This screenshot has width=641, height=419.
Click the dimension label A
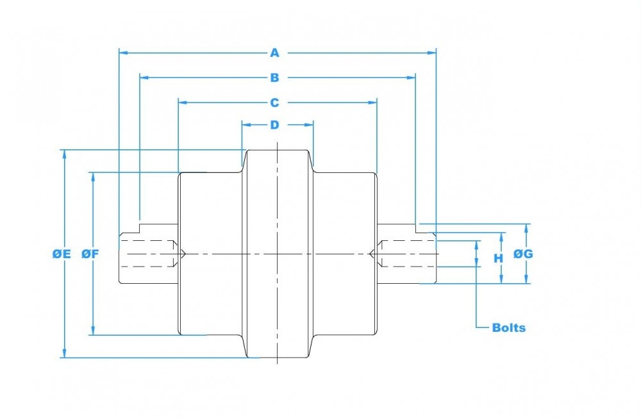click(275, 53)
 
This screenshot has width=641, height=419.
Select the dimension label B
click(275, 78)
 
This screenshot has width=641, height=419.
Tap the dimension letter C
click(275, 103)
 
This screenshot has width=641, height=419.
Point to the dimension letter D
click(275, 125)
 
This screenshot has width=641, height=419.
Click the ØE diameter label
click(62, 254)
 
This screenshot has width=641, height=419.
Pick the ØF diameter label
click(90, 254)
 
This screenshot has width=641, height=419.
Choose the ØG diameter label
click(523, 254)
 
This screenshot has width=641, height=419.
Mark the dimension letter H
click(498, 258)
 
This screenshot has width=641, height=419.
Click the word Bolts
click(508, 327)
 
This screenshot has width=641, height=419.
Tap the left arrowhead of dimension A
click(124, 53)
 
